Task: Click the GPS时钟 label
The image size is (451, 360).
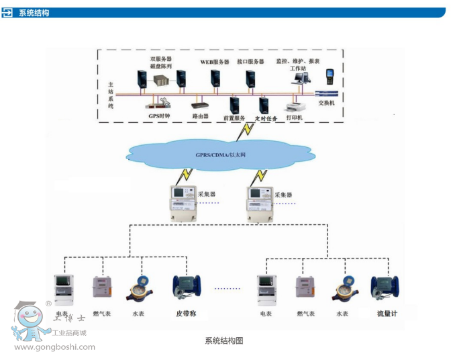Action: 159,115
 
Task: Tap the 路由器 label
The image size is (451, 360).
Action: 201,116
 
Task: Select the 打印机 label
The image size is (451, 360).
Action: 294,118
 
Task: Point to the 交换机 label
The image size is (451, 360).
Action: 326,103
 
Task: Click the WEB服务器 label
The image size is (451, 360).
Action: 215,62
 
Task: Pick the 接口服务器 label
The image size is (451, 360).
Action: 251,62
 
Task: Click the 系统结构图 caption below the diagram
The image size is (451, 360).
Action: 223,341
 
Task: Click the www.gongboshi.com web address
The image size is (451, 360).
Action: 54,347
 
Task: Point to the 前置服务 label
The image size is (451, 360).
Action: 234,118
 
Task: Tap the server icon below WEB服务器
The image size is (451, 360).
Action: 215,79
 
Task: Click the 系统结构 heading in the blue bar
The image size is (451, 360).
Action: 34,13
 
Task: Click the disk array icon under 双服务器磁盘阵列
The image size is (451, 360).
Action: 160,81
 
